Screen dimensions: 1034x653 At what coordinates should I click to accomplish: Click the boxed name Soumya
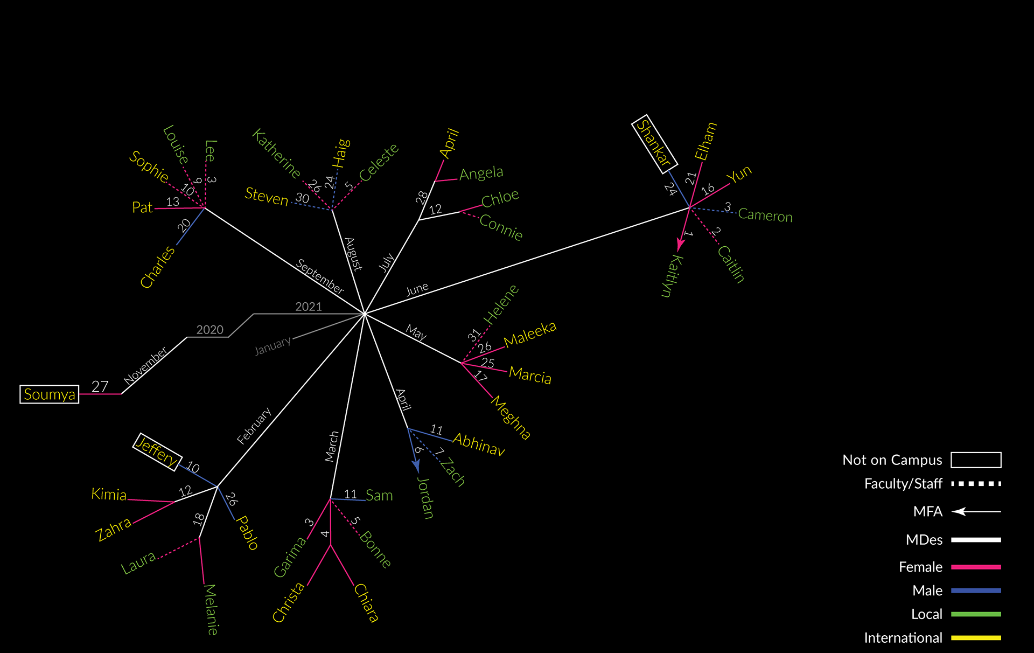click(50, 394)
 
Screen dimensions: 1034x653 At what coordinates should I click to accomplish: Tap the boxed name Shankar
click(654, 144)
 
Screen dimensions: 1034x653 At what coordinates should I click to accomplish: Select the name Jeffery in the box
click(157, 451)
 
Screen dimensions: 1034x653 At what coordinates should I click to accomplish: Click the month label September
click(320, 276)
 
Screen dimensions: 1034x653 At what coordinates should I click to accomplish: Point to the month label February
click(254, 426)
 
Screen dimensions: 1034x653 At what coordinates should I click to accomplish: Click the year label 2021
click(309, 307)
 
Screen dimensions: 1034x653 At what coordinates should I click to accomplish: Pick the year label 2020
click(209, 330)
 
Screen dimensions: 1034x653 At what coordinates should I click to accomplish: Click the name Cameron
click(765, 216)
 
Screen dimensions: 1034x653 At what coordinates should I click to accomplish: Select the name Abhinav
click(479, 444)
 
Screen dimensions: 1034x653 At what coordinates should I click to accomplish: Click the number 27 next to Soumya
click(100, 386)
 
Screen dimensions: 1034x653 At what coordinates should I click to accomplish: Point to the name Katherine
click(276, 154)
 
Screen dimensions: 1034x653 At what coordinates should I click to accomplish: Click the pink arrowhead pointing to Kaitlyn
click(681, 245)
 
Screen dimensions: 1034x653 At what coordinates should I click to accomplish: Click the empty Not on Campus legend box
click(976, 460)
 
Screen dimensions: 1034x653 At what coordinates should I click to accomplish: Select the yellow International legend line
click(976, 638)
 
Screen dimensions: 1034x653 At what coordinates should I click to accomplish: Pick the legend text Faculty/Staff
click(903, 484)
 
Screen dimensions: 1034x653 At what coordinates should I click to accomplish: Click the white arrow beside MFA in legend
click(976, 511)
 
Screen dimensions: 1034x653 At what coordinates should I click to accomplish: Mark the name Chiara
click(366, 603)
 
